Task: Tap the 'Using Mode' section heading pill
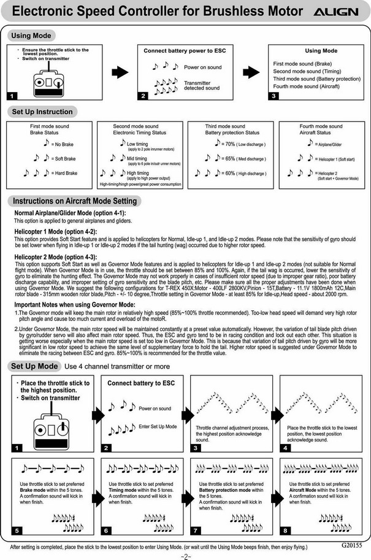click(31, 36)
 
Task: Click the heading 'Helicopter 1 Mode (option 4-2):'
click(56, 232)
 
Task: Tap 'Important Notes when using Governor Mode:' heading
click(75, 304)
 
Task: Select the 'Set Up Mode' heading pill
click(35, 366)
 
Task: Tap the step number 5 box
click(16, 529)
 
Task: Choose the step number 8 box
click(285, 529)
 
